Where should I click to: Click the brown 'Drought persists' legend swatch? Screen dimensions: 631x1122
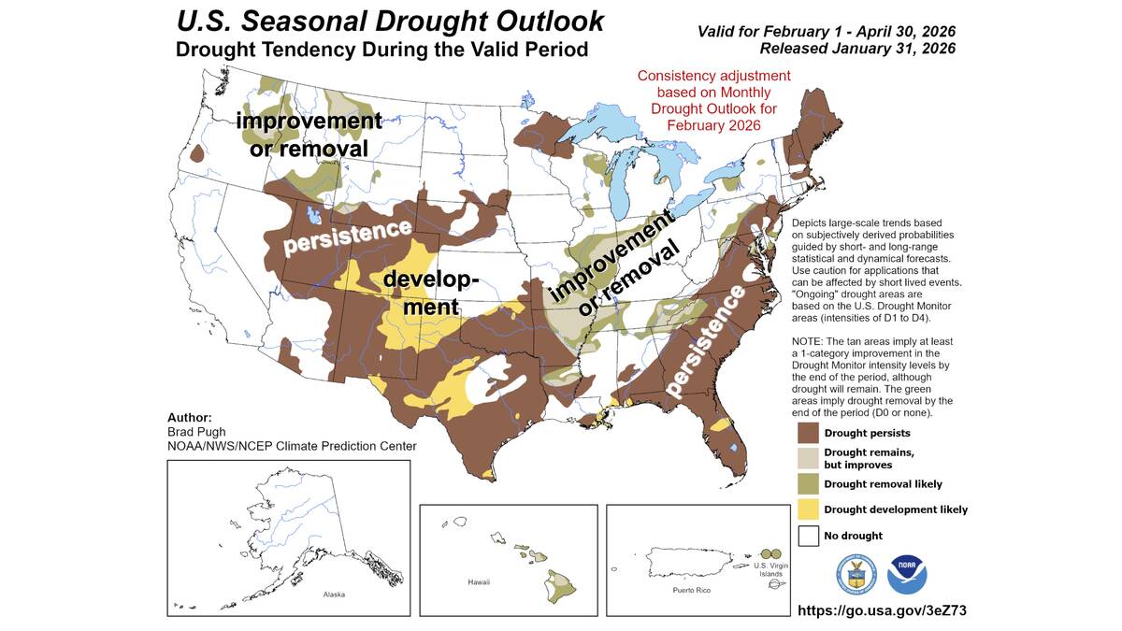pyautogui.click(x=807, y=433)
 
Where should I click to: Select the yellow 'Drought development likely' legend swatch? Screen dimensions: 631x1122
pyautogui.click(x=807, y=509)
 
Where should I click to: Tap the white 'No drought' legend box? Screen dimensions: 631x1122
pyautogui.click(x=807, y=536)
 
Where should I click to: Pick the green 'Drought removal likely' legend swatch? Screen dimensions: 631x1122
pyautogui.click(x=807, y=483)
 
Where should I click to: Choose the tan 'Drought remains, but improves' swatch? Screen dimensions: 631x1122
pyautogui.click(x=807, y=458)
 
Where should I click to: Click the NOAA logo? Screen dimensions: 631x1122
pyautogui.click(x=907, y=573)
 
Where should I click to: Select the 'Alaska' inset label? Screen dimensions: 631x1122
pyautogui.click(x=334, y=595)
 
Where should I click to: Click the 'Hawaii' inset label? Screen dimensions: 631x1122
pyautogui.click(x=479, y=582)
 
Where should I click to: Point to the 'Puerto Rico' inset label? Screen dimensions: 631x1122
pyautogui.click(x=693, y=592)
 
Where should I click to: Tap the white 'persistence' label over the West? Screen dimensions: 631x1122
pyautogui.click(x=348, y=237)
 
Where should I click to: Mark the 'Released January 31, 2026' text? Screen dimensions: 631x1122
pyautogui.click(x=856, y=49)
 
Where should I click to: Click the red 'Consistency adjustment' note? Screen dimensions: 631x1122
pyautogui.click(x=713, y=76)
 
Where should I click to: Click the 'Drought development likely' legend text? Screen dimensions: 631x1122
pyautogui.click(x=896, y=509)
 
